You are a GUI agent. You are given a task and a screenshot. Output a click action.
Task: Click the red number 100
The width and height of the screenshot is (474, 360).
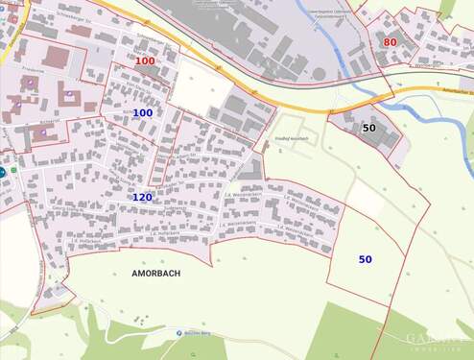[x=145, y=61]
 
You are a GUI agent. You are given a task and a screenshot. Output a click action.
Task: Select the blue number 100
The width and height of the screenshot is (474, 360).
[x=142, y=113]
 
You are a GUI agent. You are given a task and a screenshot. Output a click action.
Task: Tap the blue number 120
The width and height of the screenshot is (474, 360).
[x=142, y=197]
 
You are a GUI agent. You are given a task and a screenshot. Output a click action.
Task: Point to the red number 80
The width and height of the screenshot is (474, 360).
[x=390, y=42]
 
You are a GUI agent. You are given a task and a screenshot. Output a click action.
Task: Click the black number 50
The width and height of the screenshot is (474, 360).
[x=368, y=128]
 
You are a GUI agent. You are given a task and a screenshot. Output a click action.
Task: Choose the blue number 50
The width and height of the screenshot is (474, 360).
[x=366, y=259]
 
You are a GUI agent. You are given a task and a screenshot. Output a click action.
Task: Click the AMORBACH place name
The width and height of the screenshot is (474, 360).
[x=155, y=273]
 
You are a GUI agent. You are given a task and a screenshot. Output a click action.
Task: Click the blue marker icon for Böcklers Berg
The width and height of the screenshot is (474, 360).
[x=179, y=332]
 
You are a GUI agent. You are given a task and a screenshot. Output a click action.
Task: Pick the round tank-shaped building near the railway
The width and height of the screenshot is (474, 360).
[x=319, y=74]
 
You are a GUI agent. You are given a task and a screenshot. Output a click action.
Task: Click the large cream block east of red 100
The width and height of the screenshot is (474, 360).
[x=201, y=88]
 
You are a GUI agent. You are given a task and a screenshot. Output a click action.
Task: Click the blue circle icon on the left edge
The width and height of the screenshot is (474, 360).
[x=3, y=172]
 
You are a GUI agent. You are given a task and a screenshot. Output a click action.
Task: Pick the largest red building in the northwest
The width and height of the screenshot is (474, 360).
[x=56, y=58]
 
